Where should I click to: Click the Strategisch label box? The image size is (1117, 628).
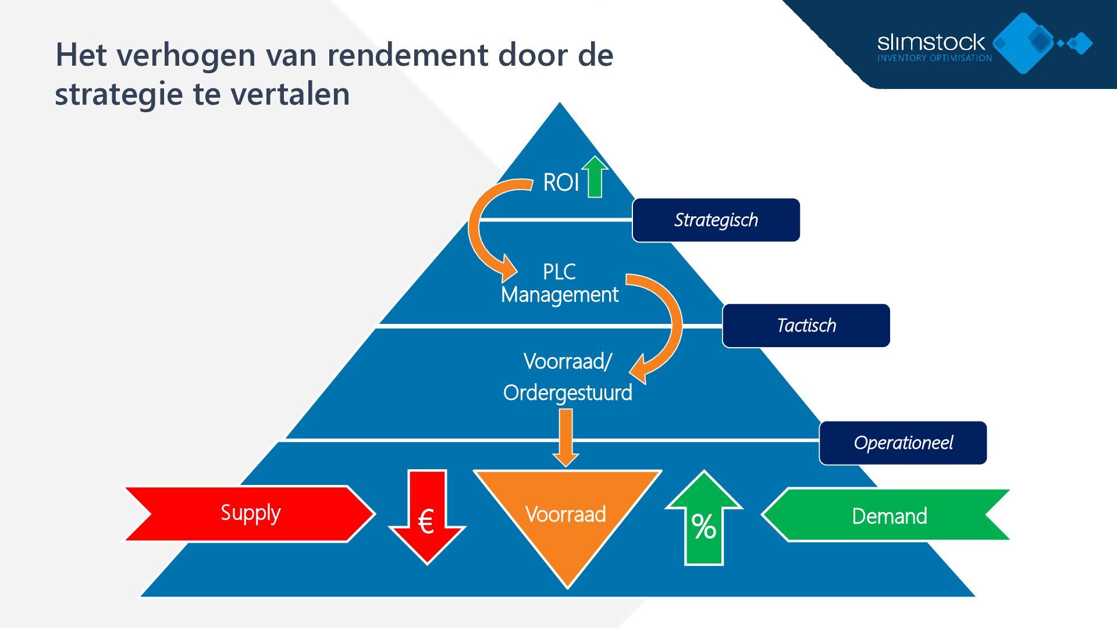click(716, 220)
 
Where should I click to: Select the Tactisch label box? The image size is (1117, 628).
click(806, 326)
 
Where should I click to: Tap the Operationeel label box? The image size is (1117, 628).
click(903, 443)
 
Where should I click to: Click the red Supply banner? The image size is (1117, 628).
click(250, 514)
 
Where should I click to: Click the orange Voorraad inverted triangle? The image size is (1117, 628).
click(567, 518)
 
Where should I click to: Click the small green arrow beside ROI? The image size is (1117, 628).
click(595, 177)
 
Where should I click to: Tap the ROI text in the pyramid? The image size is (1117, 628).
click(561, 183)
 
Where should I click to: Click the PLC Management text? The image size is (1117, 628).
click(560, 284)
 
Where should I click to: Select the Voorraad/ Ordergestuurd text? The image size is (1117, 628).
click(567, 377)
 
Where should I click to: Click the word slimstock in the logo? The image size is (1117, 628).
click(931, 42)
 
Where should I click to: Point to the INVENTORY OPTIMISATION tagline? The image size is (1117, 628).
click(934, 58)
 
